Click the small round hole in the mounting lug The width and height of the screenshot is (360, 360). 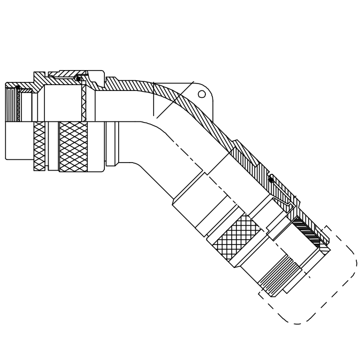202,94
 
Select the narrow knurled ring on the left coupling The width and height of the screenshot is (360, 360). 39,145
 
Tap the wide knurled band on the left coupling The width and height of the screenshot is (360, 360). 74,146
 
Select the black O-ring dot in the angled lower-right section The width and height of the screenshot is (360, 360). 271,180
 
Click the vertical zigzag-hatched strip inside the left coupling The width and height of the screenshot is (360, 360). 84,103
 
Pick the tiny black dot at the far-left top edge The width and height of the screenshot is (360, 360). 17,86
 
